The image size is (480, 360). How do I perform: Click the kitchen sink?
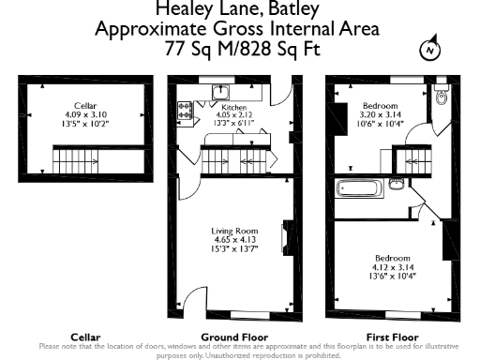pos(221,91)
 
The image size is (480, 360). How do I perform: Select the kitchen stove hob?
pos(184,113)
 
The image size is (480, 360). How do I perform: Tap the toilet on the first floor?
pos(442,97)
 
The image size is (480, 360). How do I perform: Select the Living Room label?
pos(232,231)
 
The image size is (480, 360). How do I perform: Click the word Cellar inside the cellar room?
pos(86,106)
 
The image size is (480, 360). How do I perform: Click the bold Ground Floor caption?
pos(234,337)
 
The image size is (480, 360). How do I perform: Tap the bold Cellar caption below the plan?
pos(86,337)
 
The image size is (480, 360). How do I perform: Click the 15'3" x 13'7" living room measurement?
pos(232,249)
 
